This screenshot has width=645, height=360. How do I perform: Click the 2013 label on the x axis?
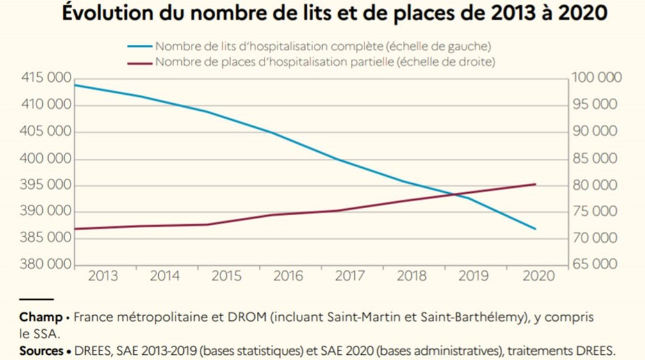pyautogui.click(x=103, y=276)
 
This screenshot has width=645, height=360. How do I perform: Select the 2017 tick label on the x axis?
pyautogui.click(x=350, y=276)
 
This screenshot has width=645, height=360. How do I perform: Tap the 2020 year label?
pyautogui.click(x=535, y=276)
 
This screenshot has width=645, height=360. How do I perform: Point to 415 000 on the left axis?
pyautogui.click(x=46, y=78)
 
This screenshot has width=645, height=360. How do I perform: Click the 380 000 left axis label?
pyautogui.click(x=46, y=265)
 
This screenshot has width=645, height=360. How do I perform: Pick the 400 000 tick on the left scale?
pyautogui.click(x=46, y=158)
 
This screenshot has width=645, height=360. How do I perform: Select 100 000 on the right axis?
pyautogui.click(x=598, y=78)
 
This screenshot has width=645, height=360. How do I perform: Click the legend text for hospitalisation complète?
pyautogui.click(x=323, y=46)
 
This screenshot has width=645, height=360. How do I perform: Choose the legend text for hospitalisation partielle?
pyautogui.click(x=325, y=62)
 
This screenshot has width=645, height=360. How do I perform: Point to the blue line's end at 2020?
pyautogui.click(x=535, y=229)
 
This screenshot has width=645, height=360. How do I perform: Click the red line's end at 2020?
pyautogui.click(x=535, y=184)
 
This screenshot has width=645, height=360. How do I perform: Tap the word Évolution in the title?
pyautogui.click(x=102, y=14)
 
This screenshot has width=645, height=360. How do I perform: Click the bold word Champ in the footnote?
pyautogui.click(x=40, y=317)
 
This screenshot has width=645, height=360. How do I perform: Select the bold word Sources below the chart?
pyautogui.click(x=42, y=351)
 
